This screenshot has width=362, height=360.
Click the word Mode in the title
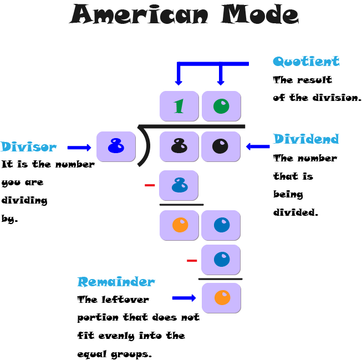(x=259, y=15)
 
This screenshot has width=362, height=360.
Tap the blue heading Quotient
(x=305, y=62)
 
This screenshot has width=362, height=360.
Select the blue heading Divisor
(x=28, y=147)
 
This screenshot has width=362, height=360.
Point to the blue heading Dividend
(x=305, y=139)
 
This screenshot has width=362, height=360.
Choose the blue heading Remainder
(x=116, y=282)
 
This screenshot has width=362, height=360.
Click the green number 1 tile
(x=179, y=106)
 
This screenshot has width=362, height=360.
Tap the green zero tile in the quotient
(x=221, y=106)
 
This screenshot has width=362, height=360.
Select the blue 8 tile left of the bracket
(x=116, y=147)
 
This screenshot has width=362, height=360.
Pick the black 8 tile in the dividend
(x=179, y=146)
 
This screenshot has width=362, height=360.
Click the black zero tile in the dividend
(x=221, y=146)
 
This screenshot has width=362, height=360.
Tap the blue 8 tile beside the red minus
(x=179, y=185)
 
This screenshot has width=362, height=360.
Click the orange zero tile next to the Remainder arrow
(x=221, y=298)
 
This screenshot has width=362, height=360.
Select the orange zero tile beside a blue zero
(x=179, y=225)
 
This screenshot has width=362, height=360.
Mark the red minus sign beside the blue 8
(x=150, y=185)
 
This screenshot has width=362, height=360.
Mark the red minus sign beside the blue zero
(x=192, y=260)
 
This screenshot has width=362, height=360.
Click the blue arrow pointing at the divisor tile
(x=79, y=148)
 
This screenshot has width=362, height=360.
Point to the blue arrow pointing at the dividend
(x=257, y=147)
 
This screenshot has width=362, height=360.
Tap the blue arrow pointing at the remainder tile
(x=184, y=298)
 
